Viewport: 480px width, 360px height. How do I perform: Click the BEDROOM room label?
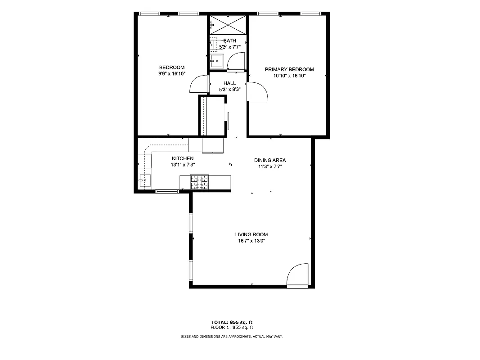[171, 67]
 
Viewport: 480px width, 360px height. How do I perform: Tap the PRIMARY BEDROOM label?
[289, 69]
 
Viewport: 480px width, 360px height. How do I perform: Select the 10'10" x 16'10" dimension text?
[289, 76]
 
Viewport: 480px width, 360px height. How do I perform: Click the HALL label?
[229, 83]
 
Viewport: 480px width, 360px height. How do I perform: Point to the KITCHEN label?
[183, 158]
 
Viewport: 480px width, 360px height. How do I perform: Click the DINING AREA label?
[270, 160]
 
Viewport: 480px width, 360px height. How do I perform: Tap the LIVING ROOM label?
[251, 234]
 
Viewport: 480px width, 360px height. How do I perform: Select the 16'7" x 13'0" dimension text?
[251, 241]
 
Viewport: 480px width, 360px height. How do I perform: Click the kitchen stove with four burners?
[200, 182]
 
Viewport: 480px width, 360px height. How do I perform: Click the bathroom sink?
[216, 61]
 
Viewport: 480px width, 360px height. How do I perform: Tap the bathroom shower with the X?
[228, 23]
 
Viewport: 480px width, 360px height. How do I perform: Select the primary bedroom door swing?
[258, 92]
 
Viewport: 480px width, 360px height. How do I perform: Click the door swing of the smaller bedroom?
[199, 84]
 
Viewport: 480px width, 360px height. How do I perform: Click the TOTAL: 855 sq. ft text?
[232, 322]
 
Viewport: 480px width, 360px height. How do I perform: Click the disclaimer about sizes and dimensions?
[232, 337]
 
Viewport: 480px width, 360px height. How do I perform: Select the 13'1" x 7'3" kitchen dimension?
[183, 165]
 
